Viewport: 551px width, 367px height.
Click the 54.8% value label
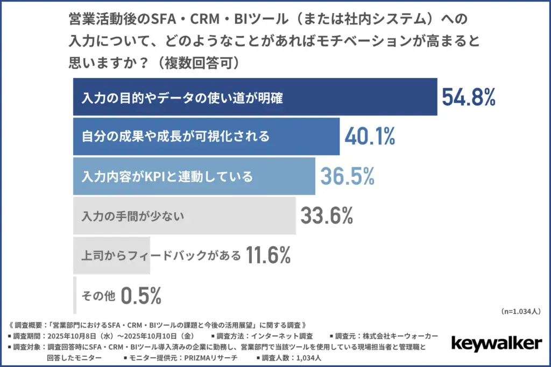click(468, 97)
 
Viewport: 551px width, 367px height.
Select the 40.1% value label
click(370, 136)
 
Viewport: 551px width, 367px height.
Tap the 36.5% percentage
click(347, 176)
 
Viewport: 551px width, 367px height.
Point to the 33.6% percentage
click(327, 215)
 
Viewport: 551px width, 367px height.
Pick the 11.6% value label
click(268, 255)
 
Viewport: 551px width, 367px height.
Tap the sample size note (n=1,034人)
click(521, 311)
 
